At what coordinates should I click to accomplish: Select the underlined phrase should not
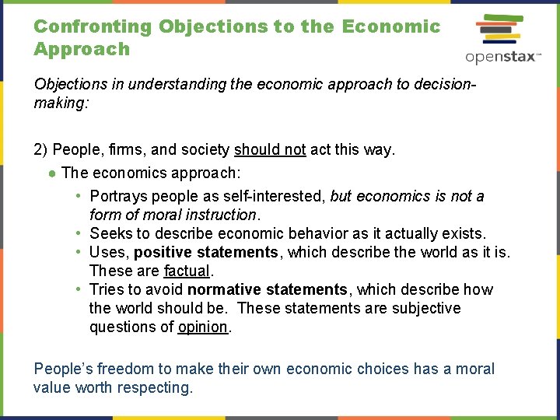(270, 150)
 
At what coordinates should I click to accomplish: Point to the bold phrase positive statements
(205, 253)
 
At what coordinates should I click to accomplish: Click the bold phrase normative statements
(267, 290)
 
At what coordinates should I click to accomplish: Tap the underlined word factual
(187, 271)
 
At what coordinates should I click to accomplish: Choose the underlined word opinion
(202, 327)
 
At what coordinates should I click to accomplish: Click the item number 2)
(41, 150)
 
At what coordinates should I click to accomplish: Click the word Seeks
(110, 234)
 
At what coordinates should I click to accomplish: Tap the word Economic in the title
(391, 26)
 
